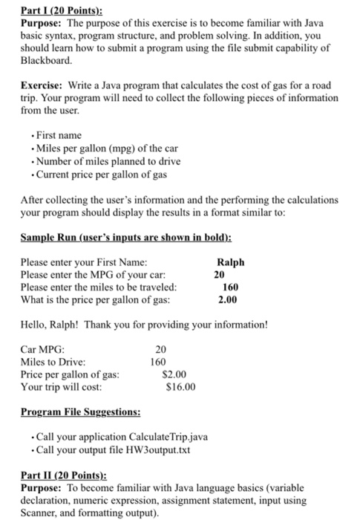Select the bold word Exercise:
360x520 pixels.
coord(42,86)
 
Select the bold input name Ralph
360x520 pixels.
coord(230,262)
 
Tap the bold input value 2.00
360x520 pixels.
coord(227,300)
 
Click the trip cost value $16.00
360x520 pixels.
coord(181,387)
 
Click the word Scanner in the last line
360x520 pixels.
coord(40,512)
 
